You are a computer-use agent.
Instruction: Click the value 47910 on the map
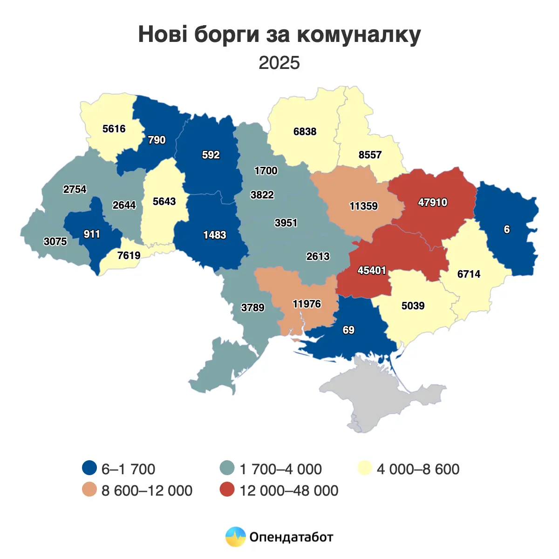pos(432,203)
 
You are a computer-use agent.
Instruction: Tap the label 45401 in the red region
pos(372,271)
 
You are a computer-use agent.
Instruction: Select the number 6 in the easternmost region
pos(507,230)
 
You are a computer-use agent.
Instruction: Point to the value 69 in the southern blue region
pos(348,330)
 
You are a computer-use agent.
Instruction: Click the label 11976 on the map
pos(307,304)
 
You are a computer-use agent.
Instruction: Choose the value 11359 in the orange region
pos(363,206)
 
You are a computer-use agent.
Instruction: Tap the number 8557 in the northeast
pos(370,155)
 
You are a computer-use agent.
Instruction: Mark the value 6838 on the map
pos(305,132)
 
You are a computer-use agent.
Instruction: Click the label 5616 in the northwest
pos(114,129)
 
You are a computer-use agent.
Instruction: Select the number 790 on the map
pos(157,140)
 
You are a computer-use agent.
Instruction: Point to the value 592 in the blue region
pos(211,155)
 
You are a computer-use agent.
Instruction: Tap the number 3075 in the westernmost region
pos(55,242)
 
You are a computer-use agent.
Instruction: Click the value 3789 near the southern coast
pos(252,308)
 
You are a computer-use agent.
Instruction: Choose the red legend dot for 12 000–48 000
pos(227,490)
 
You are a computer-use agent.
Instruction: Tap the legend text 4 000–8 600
pos(418,469)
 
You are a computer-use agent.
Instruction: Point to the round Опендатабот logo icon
pos(235,537)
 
